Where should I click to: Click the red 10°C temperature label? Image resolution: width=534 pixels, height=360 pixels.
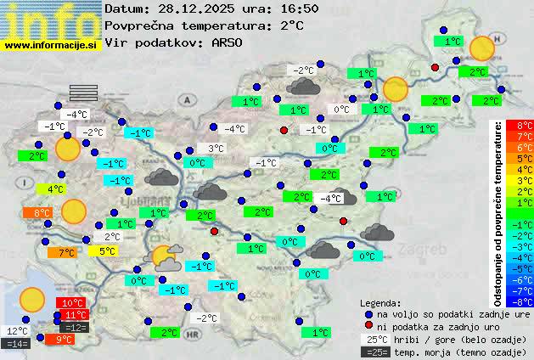(73, 303)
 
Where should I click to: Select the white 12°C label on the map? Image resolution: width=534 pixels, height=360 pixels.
(18, 331)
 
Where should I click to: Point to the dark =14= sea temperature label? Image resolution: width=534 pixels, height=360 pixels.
(17, 344)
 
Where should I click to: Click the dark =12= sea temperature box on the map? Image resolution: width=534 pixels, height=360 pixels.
(76, 327)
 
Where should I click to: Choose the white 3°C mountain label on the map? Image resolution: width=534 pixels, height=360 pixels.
(216, 149)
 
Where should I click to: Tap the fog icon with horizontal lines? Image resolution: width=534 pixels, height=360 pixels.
(83, 92)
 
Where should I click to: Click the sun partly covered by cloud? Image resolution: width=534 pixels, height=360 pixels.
(163, 256)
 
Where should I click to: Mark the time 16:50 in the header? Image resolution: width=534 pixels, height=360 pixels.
(299, 8)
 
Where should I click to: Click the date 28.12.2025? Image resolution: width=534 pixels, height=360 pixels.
(198, 8)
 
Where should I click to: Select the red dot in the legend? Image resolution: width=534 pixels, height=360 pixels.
(368, 326)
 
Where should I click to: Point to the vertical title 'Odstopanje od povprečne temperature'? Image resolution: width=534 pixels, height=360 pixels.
(498, 212)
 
